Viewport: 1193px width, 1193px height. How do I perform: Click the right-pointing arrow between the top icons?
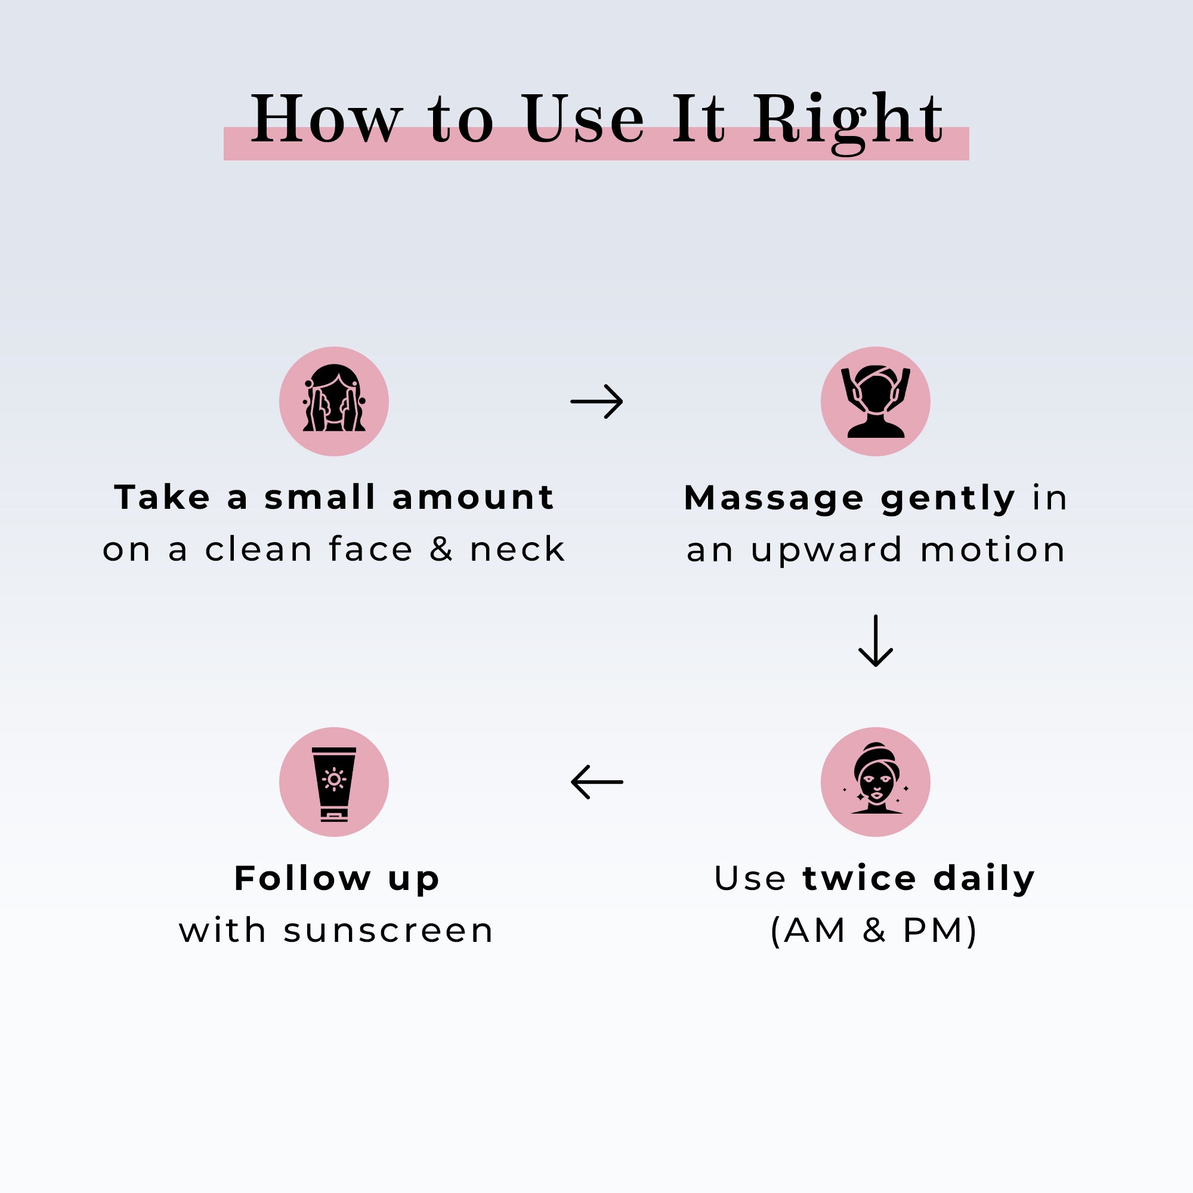[596, 401]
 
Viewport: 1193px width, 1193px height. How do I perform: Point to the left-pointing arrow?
[596, 782]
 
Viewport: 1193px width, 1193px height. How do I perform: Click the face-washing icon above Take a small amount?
[334, 401]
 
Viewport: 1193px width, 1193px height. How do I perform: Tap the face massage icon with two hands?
[876, 401]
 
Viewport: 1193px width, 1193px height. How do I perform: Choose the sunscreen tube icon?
[334, 782]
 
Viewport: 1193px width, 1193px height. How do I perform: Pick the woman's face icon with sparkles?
[876, 782]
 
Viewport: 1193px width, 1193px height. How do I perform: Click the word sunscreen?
[388, 931]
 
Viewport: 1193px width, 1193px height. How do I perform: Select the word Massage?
[774, 497]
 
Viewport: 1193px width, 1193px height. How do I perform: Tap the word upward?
[827, 549]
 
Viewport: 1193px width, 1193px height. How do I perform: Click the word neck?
[517, 549]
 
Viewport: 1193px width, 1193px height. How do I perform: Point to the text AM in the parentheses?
[815, 931]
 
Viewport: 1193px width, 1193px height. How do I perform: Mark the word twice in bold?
[859, 878]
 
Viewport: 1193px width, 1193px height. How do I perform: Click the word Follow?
[302, 878]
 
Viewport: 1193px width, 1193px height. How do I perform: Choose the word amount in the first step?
[473, 497]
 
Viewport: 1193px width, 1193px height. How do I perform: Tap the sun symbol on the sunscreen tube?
[334, 779]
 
